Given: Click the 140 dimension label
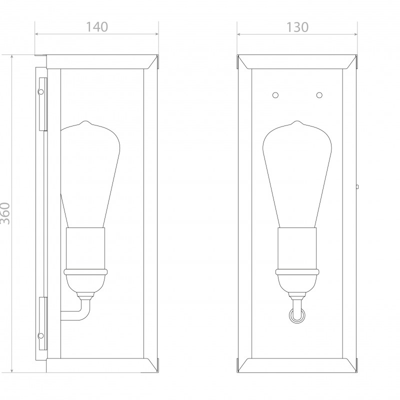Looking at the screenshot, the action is [x=97, y=27].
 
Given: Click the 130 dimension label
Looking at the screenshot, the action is [x=297, y=27].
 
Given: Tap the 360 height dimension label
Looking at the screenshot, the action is [x=5, y=213].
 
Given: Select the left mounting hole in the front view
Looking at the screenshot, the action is [x=275, y=95].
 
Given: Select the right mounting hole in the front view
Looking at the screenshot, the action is [x=319, y=95].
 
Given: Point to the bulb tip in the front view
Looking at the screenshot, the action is [x=297, y=121].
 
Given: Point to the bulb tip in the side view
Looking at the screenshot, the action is [x=86, y=121].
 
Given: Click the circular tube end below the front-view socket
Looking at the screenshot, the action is [x=297, y=316].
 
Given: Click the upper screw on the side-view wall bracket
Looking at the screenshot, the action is [x=40, y=91].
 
